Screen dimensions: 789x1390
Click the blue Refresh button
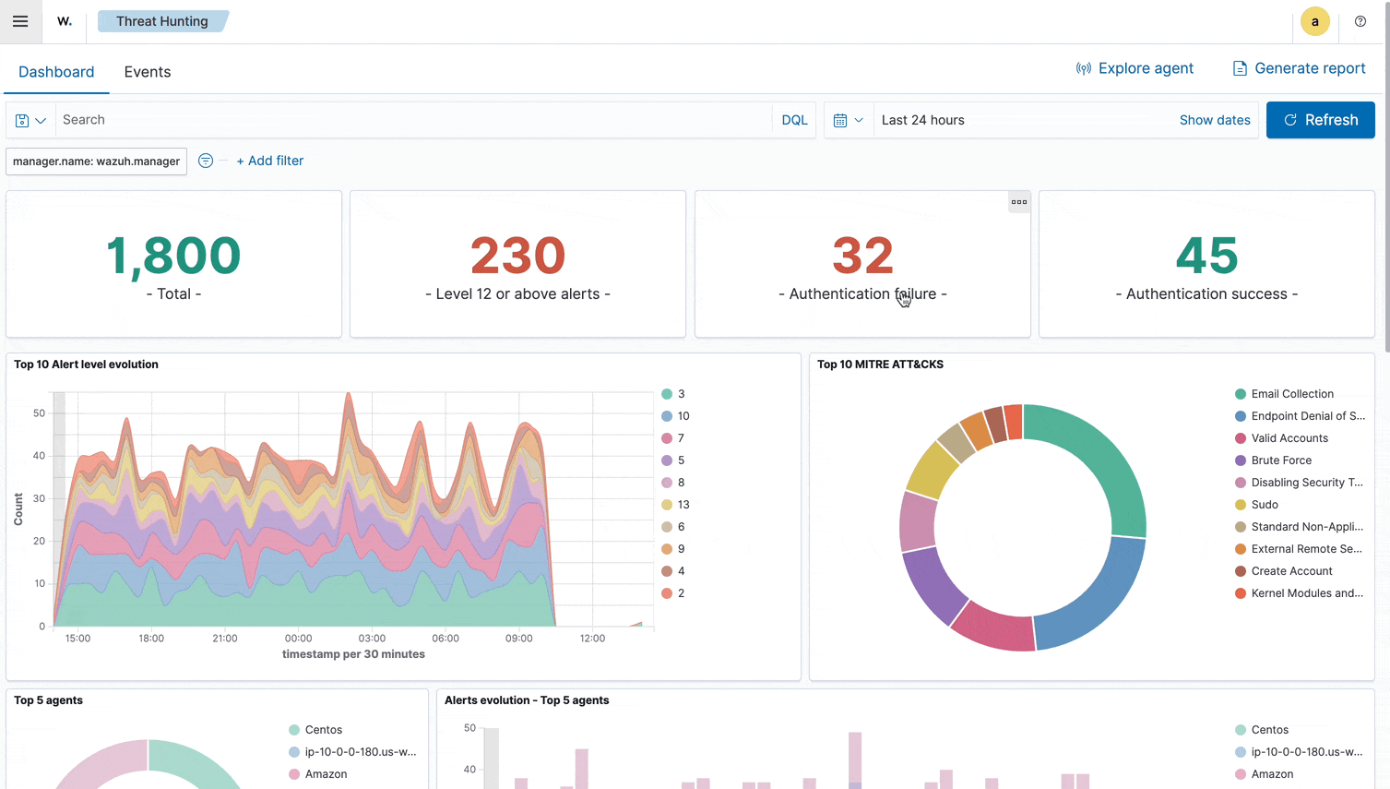click(1320, 120)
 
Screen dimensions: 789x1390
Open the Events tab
click(148, 72)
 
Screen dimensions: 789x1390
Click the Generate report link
click(1299, 68)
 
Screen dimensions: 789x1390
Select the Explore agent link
click(1135, 68)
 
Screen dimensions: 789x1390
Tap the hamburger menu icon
click(20, 21)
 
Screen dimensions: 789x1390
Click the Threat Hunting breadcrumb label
click(162, 21)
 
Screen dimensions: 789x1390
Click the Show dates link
click(1215, 120)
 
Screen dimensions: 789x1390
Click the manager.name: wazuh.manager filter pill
click(96, 161)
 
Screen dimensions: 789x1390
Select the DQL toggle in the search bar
click(794, 120)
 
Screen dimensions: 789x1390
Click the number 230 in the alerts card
click(517, 256)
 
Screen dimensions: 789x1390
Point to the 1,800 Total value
click(173, 256)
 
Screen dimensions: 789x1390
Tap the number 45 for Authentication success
click(1206, 256)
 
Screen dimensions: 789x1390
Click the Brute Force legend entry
click(1280, 460)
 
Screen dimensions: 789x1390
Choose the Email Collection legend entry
click(1291, 394)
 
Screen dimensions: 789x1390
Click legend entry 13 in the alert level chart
click(683, 505)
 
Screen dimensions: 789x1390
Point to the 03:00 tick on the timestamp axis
click(372, 638)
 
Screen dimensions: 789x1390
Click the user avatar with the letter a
click(1314, 21)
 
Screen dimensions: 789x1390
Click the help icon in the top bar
click(1360, 21)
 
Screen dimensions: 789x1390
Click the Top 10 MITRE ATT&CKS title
click(880, 365)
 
